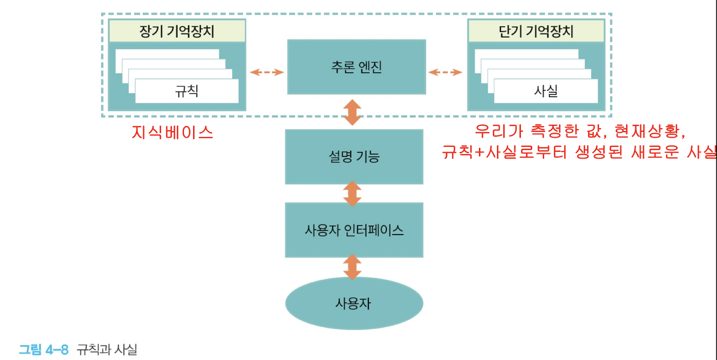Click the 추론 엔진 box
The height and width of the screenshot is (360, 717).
coord(356,67)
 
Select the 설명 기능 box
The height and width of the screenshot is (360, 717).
coord(354,157)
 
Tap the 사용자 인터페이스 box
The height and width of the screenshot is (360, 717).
coord(354,230)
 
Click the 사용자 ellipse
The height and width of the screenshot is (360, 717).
coord(354,303)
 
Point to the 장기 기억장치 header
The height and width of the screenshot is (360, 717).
coord(177,32)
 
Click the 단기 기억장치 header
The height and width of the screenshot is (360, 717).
coord(536,32)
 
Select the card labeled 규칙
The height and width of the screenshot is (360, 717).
coord(187,91)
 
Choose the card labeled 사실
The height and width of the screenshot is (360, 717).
coord(546,91)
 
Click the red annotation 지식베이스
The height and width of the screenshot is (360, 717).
coord(173,132)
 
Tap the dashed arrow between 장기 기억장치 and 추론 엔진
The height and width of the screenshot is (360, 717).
coord(267,72)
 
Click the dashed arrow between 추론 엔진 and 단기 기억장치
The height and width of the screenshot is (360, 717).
coord(445,72)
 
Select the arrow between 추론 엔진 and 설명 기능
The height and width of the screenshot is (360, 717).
coord(352,112)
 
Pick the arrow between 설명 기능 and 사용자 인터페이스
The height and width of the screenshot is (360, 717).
coord(352,194)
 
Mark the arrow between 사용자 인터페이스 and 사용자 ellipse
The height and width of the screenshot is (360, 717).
coord(352,266)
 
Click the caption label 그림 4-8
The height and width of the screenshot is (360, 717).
coord(44,350)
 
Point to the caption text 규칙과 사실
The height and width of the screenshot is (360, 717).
coord(107,350)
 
